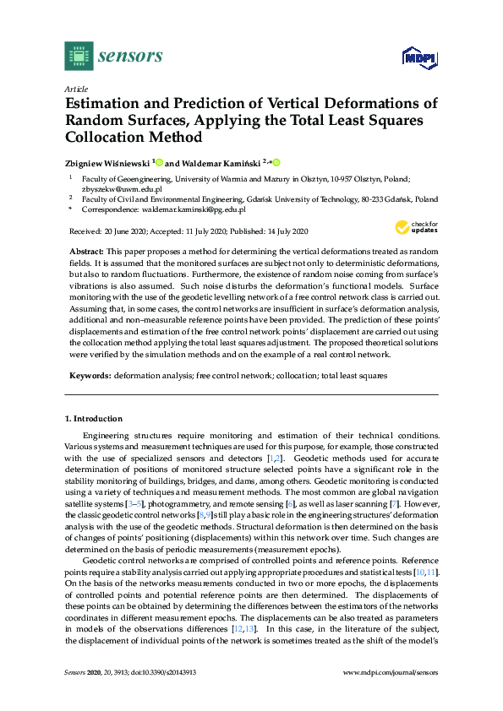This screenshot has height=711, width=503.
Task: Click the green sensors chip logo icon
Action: pyautogui.click(x=79, y=56)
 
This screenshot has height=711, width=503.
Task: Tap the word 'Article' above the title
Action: pyautogui.click(x=75, y=89)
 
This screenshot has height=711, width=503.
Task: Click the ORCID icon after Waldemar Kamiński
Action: pyautogui.click(x=276, y=162)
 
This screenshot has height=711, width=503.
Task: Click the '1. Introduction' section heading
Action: pyautogui.click(x=94, y=419)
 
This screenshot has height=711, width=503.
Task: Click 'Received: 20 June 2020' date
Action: pyautogui.click(x=109, y=231)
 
